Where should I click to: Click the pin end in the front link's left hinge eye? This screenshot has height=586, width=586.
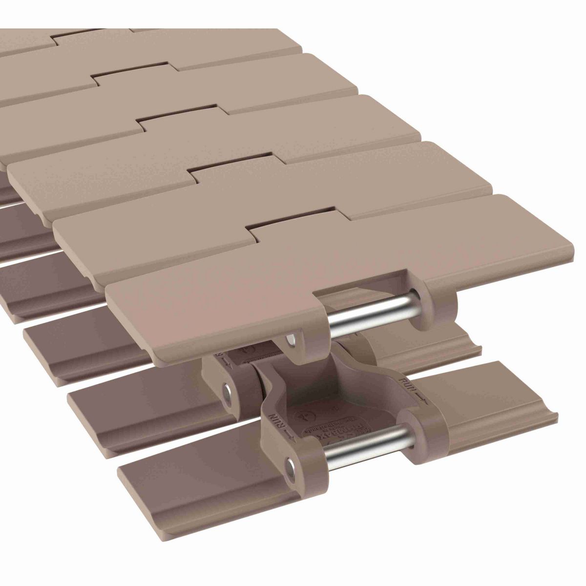click(292, 467)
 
